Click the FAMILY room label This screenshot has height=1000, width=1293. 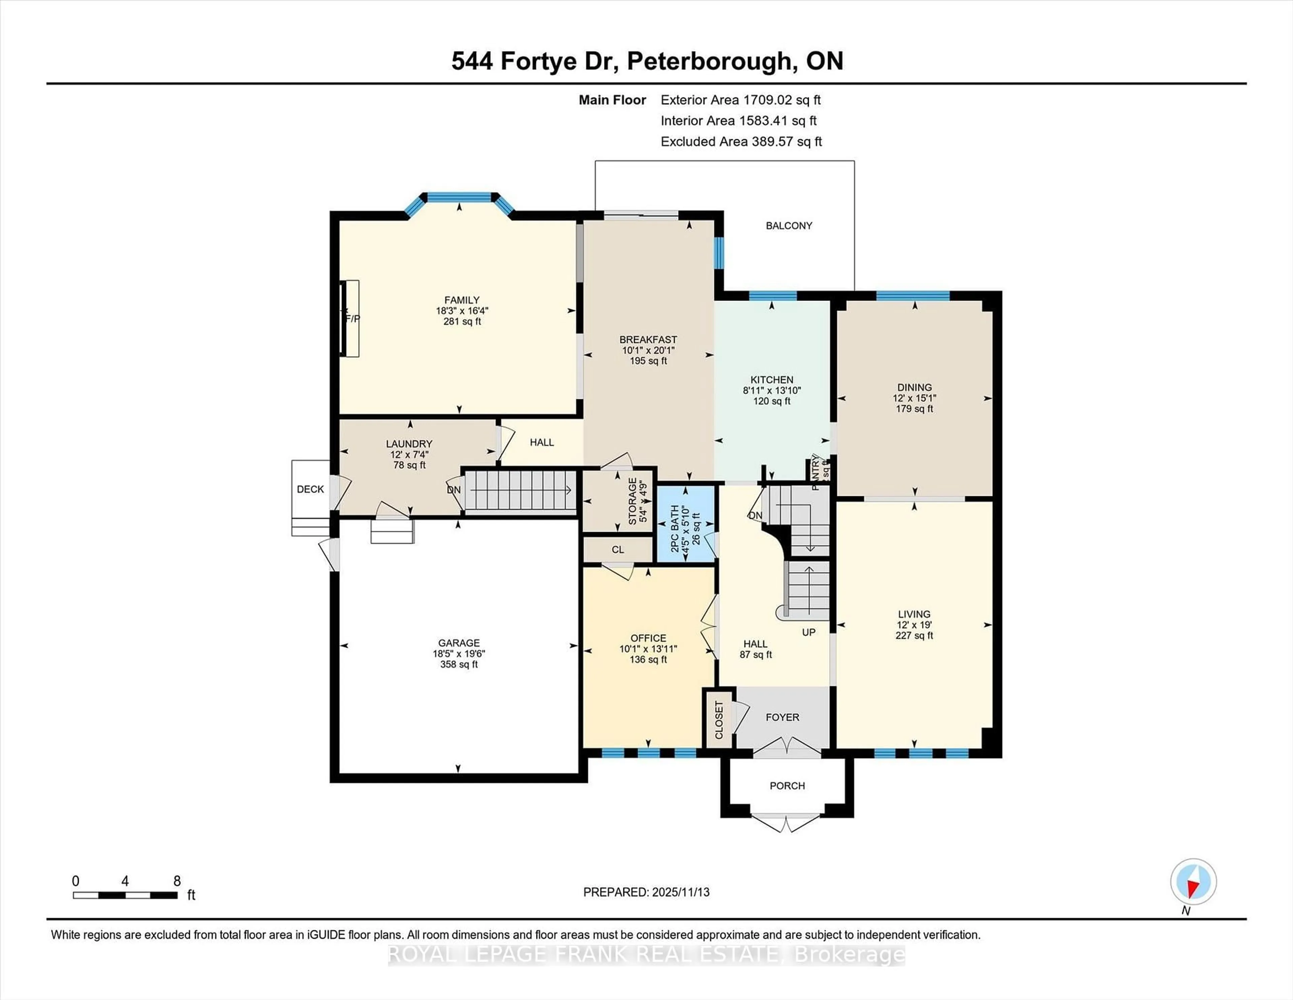pos(462,300)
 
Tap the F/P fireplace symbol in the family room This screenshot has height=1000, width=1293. pos(351,319)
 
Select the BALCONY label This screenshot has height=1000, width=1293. pos(789,226)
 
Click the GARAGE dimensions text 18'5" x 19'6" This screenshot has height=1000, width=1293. pos(459,653)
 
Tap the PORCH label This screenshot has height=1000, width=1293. pos(787,785)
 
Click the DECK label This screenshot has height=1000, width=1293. pos(310,489)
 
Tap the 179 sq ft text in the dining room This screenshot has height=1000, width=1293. pos(914,409)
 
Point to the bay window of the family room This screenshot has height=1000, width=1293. pos(459,198)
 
